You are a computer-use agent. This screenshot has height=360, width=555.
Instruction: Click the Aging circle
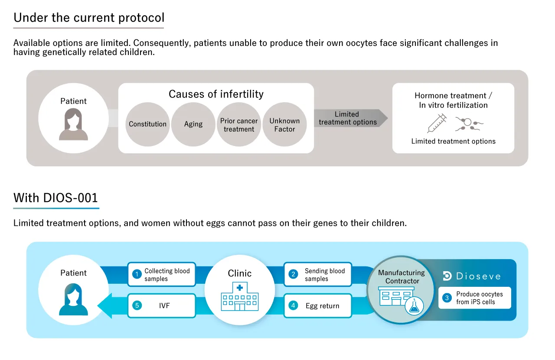click(193, 124)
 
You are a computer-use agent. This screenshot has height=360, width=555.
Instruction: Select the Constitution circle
click(147, 124)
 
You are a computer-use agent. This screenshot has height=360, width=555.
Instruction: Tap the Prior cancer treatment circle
click(238, 124)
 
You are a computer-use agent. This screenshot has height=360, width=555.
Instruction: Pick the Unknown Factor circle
click(284, 124)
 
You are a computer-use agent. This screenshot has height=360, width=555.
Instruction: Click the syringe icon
click(437, 123)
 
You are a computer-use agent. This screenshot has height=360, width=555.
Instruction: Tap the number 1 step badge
click(137, 274)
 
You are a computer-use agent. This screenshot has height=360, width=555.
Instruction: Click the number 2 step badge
click(294, 274)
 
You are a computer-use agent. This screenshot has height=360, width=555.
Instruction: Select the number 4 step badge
click(294, 305)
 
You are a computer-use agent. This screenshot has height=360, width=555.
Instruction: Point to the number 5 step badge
click(137, 305)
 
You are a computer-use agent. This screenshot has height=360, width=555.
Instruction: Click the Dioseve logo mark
click(447, 276)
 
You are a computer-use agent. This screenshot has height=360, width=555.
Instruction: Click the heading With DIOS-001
click(55, 198)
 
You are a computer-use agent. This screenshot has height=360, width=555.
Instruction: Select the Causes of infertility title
click(216, 94)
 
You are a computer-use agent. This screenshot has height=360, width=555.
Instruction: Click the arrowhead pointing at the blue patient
click(105, 305)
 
